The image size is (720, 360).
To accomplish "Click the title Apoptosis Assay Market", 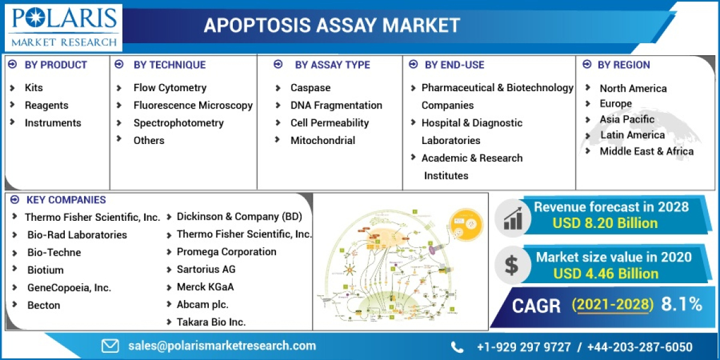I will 332,25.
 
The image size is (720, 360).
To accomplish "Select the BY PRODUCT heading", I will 55,65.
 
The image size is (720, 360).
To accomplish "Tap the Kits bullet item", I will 34,88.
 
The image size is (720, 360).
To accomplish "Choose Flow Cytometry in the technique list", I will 170,88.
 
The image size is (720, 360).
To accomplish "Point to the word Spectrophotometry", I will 178,123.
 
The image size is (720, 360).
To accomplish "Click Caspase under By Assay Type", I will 310,88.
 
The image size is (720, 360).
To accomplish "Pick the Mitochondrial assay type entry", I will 323,140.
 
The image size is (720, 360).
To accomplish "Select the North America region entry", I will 633,88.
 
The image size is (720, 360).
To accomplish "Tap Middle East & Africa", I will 646,151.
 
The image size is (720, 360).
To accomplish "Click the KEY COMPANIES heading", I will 66,200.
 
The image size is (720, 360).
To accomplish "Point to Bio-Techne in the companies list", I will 54,253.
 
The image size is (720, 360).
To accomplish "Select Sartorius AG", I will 206,269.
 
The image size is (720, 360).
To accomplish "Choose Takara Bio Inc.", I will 211,322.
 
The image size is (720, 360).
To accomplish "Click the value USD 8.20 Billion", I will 605,223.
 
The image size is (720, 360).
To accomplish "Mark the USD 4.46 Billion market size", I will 606,274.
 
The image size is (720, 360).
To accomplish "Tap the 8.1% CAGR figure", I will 682,305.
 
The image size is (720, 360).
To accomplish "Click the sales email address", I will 222,346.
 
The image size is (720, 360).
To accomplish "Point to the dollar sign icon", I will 512,265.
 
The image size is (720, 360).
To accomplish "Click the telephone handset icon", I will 457,347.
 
